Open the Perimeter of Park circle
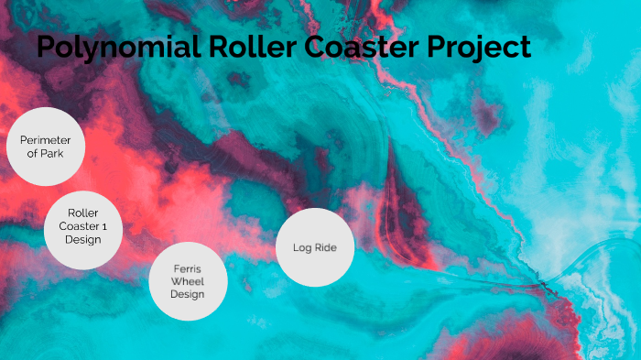tap(46, 147)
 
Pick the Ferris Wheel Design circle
tap(188, 281)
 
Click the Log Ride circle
tap(315, 247)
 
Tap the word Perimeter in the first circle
tap(46, 139)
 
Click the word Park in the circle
tap(53, 153)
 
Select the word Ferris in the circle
tap(188, 268)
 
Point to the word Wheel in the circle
tap(188, 281)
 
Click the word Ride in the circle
tap(325, 247)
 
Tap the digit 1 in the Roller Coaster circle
tap(104, 226)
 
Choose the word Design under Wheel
tap(188, 295)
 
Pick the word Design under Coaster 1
tap(82, 239)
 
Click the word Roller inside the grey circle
tap(83, 213)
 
